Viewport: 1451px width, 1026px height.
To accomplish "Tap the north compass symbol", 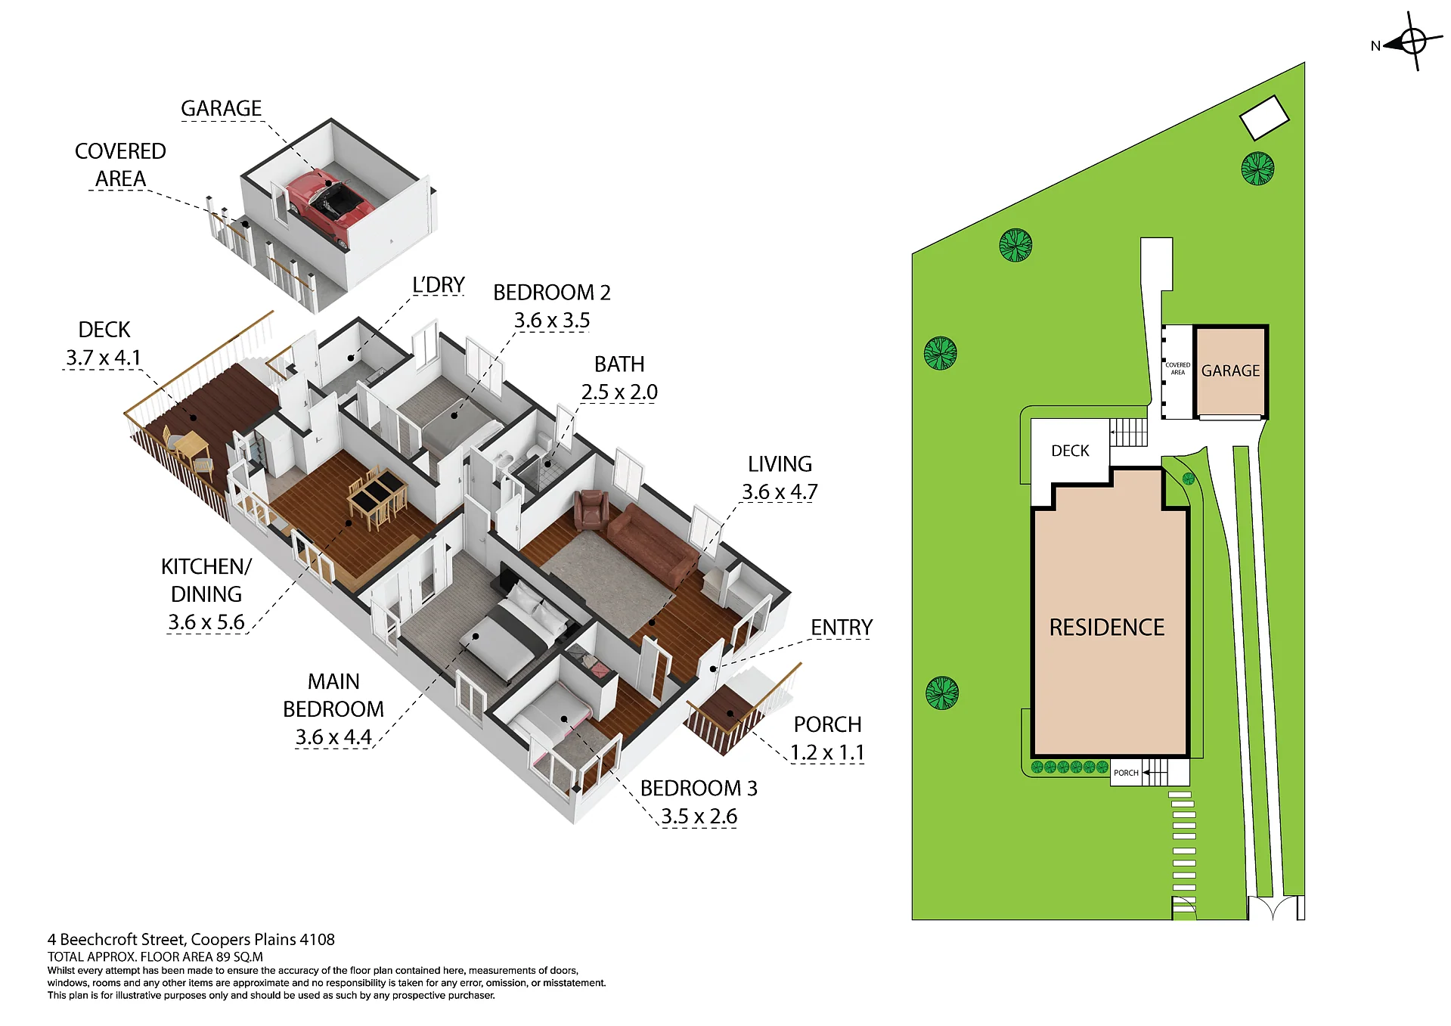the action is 1412,42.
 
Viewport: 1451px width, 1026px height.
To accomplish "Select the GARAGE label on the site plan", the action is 1230,371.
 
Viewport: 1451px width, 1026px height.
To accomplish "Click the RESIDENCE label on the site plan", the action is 1107,628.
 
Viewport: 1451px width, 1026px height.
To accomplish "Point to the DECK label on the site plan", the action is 1070,451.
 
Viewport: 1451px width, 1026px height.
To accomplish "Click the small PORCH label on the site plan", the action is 1126,773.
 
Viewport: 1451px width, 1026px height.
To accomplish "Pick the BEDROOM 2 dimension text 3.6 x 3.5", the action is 552,321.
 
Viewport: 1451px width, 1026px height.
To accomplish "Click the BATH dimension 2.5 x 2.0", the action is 619,392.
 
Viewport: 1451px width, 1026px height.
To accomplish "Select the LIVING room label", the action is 780,463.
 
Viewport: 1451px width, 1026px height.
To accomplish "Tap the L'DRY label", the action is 439,285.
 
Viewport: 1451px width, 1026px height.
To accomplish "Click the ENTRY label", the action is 842,628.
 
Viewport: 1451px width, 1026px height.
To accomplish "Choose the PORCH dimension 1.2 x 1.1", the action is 827,753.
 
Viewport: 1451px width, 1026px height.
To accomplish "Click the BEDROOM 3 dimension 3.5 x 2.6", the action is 699,817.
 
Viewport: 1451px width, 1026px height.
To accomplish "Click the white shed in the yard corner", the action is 1264,117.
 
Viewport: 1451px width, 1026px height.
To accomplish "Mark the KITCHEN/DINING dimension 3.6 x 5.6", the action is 206,622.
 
